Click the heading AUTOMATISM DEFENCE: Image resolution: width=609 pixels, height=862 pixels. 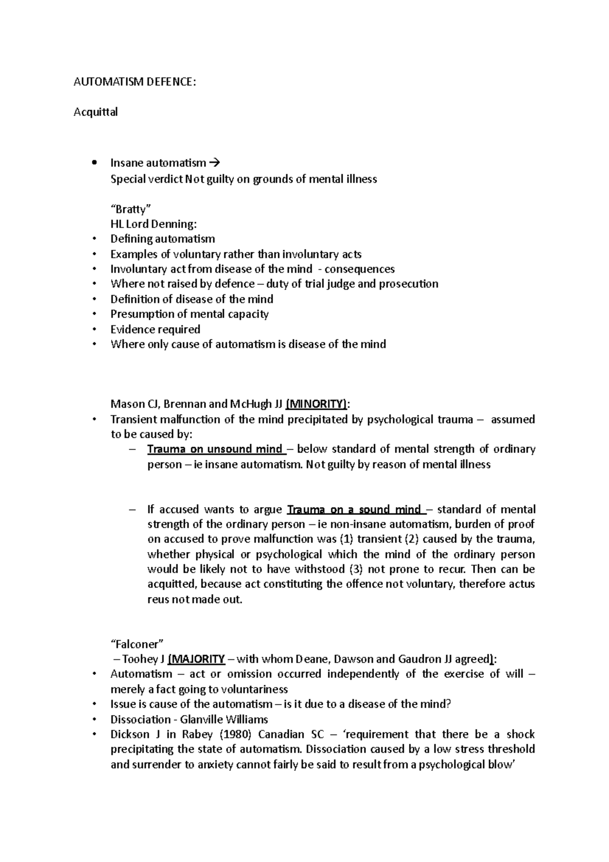[x=134, y=82]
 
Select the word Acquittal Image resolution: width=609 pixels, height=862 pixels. [x=95, y=112]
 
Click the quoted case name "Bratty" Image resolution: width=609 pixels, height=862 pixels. [x=131, y=209]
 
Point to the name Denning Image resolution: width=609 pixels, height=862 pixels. [x=177, y=224]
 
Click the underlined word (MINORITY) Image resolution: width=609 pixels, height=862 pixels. [x=317, y=404]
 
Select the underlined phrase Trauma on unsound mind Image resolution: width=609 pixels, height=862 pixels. [x=214, y=449]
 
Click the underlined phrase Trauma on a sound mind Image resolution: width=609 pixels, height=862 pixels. [x=354, y=509]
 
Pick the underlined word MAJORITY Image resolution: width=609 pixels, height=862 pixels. [x=197, y=659]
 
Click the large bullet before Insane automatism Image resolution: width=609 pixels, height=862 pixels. [x=94, y=163]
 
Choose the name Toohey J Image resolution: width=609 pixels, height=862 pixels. [x=143, y=659]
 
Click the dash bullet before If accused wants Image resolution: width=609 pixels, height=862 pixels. [x=133, y=509]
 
